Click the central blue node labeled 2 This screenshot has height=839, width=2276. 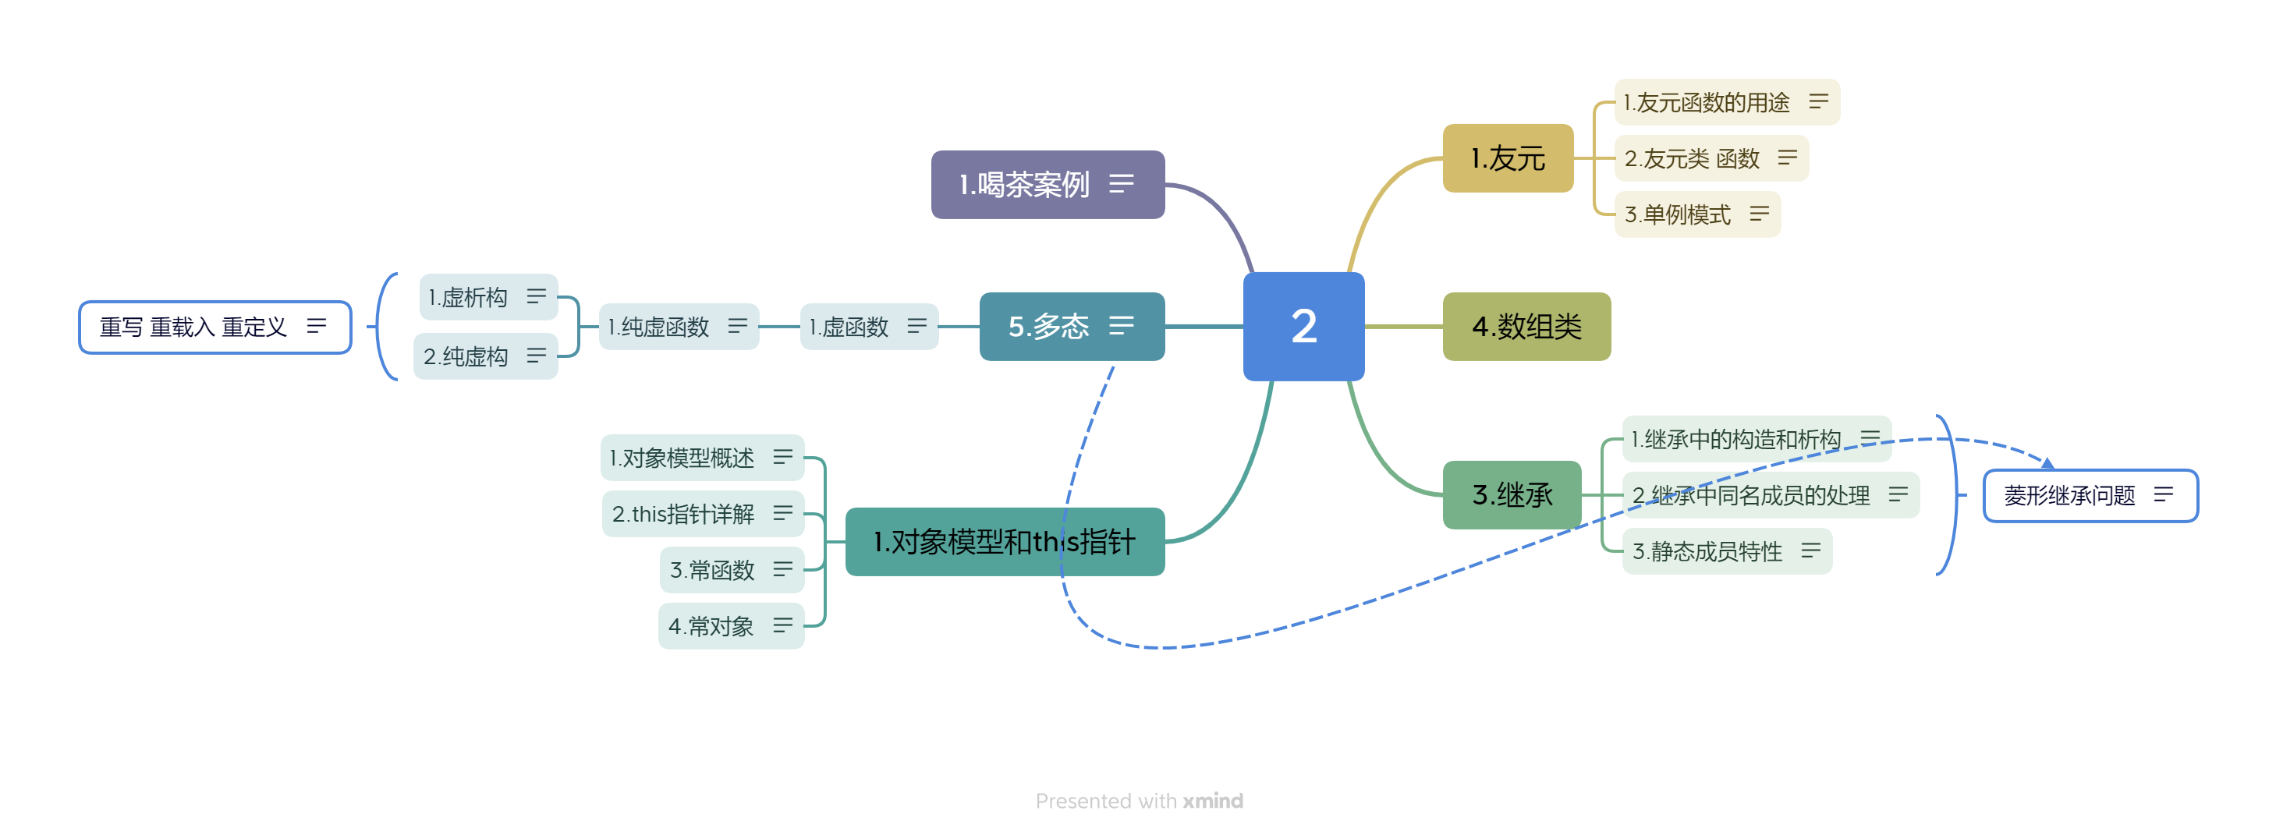1303,326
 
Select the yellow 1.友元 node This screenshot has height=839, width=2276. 1507,158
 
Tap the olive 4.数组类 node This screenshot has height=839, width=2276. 1526,326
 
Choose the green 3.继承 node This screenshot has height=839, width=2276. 1511,494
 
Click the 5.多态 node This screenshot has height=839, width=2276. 1071,326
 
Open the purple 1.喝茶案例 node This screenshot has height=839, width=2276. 1047,185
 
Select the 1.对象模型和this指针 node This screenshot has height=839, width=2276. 1004,541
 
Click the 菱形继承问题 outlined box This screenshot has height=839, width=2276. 2090,495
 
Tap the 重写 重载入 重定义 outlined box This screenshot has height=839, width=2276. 214,327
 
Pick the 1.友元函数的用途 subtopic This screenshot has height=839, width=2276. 1725,102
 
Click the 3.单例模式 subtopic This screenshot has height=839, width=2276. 1696,214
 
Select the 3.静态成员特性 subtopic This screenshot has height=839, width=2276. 1725,551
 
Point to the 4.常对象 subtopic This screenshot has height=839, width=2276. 731,626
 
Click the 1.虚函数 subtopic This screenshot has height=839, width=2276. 867,327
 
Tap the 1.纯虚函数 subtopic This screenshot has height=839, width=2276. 678,327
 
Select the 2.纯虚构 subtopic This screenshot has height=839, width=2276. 485,356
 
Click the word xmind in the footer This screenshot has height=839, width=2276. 1212,800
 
